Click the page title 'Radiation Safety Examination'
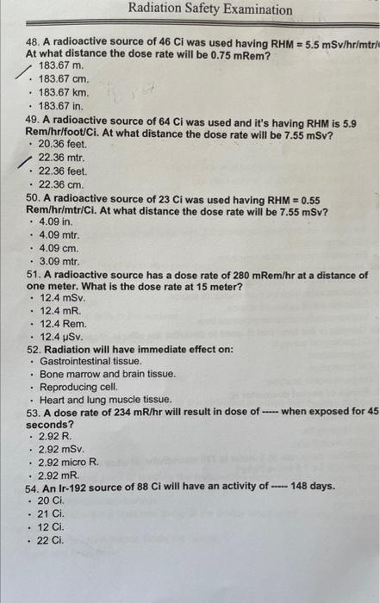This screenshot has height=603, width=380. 210,10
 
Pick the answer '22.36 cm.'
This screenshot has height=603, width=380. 61,183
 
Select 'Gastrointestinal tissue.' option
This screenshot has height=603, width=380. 90,362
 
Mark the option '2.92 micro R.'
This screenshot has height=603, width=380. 70,462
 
